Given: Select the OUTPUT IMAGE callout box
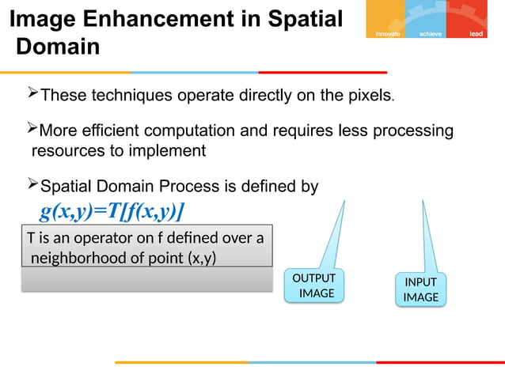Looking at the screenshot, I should [313, 285].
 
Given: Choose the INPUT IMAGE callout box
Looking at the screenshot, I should [420, 289].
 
